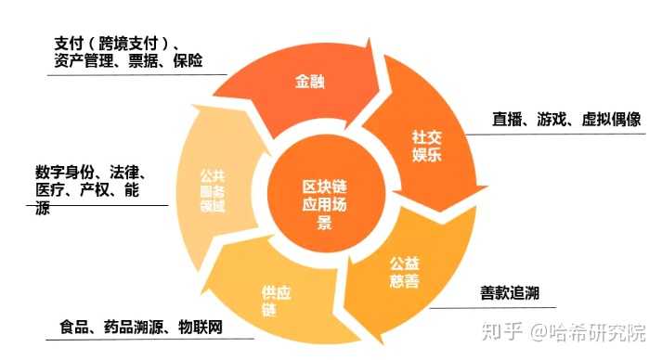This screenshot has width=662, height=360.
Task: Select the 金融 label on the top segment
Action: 309,82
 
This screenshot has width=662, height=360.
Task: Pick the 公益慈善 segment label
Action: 404,271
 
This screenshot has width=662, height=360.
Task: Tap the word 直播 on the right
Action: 509,120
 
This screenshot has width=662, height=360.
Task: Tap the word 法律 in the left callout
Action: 125,173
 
